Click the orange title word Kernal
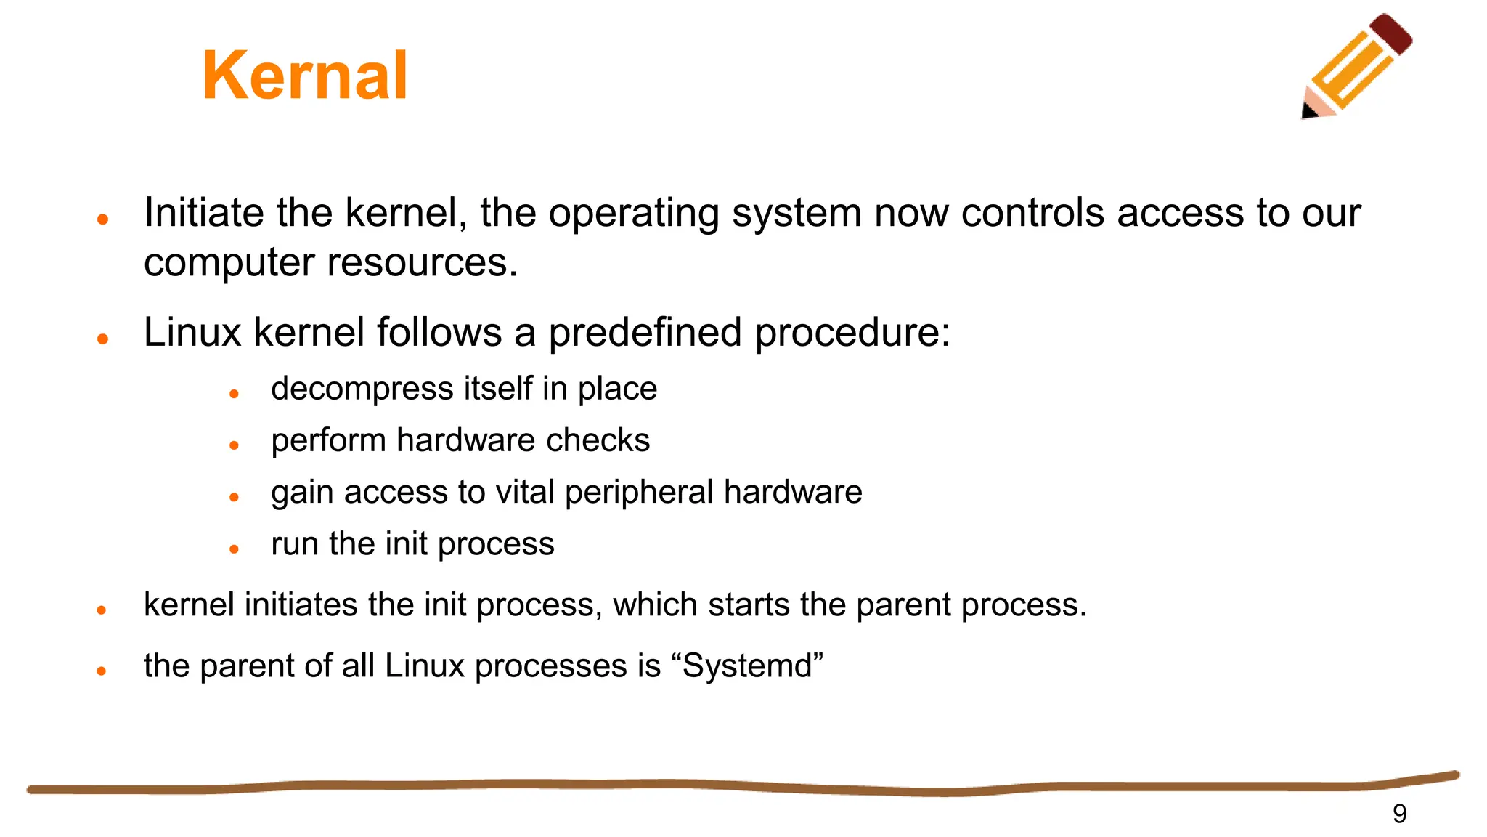[305, 76]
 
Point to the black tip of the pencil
[1308, 112]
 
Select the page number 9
[1399, 814]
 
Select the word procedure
[851, 333]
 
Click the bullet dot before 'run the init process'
[234, 549]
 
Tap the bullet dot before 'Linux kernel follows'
[102, 339]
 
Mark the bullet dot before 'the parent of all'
[102, 671]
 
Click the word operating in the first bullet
[633, 213]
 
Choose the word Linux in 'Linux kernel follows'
[192, 333]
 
